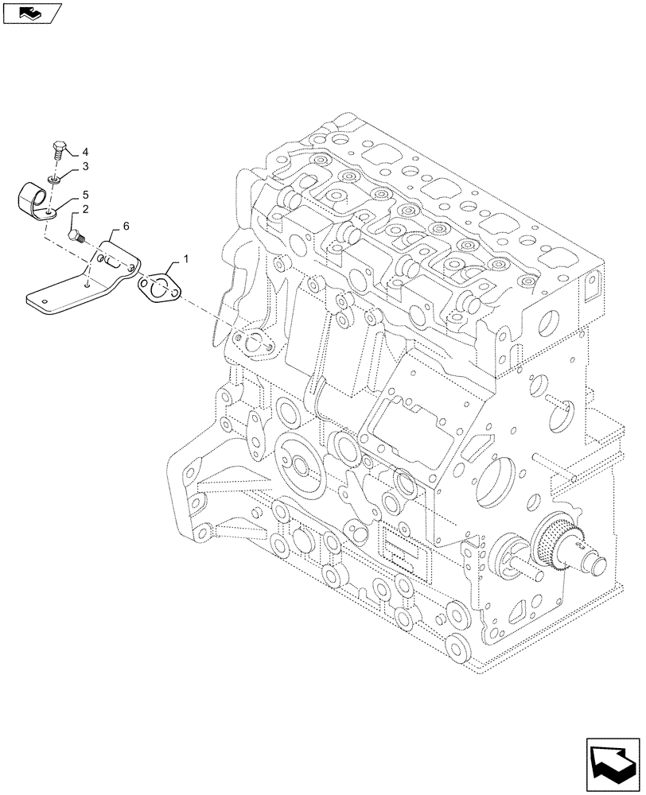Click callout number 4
(85, 152)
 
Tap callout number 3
(85, 166)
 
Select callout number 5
(85, 194)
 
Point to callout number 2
(85, 208)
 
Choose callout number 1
(186, 259)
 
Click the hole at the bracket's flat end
(46, 301)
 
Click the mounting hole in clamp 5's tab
(52, 212)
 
